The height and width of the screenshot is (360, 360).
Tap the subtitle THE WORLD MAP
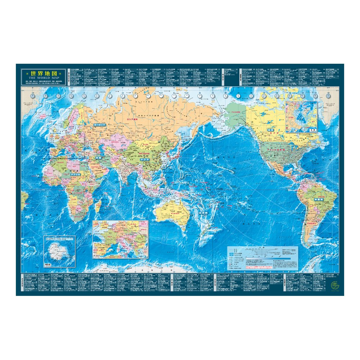(x=43, y=77)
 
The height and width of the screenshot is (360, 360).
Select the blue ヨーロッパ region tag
(x=99, y=124)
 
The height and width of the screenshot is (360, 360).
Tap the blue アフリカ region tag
(x=75, y=174)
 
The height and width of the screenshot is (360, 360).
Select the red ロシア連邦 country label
(x=131, y=118)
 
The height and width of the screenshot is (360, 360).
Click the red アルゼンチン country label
(x=309, y=223)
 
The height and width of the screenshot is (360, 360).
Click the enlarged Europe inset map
(x=121, y=239)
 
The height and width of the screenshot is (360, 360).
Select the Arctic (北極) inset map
(x=301, y=117)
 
